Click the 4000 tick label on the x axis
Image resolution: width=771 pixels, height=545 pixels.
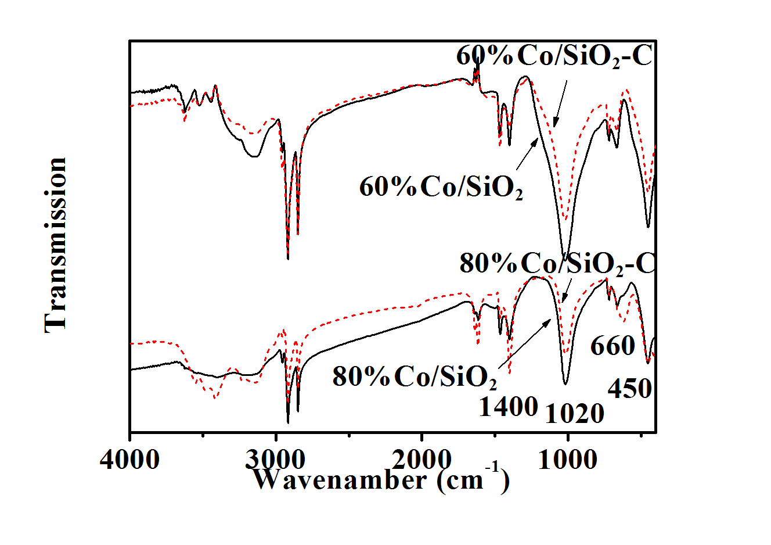129,460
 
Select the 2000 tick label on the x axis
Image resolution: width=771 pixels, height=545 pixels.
421,460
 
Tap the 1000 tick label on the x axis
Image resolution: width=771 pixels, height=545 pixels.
568,460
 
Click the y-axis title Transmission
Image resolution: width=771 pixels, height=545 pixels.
56,245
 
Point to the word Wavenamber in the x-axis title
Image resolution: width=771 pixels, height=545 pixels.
339,480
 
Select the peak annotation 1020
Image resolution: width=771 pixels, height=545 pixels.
575,413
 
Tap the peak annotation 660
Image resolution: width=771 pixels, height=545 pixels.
613,346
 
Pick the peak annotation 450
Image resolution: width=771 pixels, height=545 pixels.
629,388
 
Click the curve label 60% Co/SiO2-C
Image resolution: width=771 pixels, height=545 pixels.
554,58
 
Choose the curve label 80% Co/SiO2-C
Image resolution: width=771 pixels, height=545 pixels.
557,264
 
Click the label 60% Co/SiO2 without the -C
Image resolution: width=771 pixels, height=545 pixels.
441,188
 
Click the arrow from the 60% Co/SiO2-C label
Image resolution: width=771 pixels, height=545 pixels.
560,103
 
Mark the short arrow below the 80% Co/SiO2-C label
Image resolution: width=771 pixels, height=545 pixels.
566,291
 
